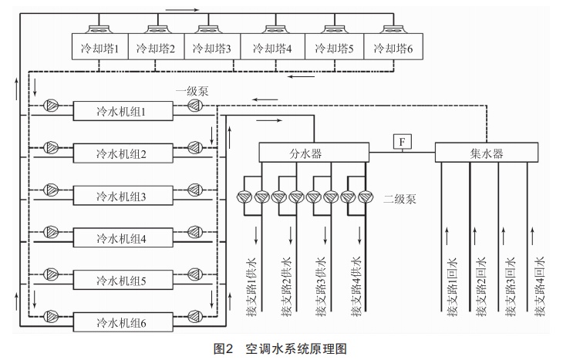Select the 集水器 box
(487, 153)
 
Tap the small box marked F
(403, 141)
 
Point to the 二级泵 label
(401, 198)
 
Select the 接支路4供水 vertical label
(356, 285)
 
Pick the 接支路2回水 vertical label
(481, 285)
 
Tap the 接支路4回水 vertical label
(540, 285)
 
